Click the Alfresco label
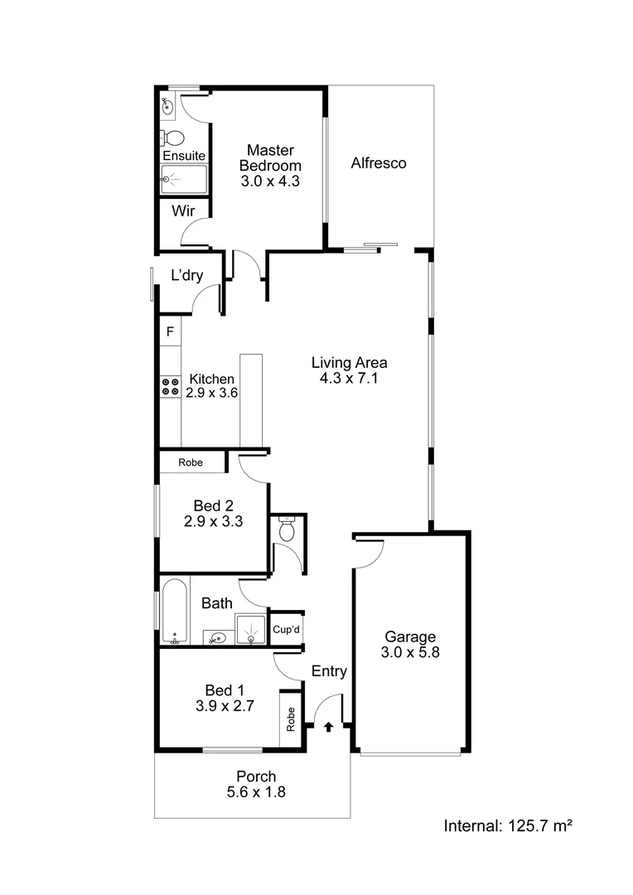coord(378,163)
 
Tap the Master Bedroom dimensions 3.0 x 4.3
coord(271,181)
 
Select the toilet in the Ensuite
coord(174,138)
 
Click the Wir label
coord(183,210)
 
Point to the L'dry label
coord(186,276)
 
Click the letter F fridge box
coord(170,332)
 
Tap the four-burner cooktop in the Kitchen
coord(171,385)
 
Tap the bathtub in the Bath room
coord(174,612)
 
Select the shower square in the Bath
coord(251,630)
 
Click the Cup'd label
coord(287,631)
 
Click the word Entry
coord(329,671)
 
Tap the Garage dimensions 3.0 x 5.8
coord(409,653)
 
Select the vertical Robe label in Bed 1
coord(291,718)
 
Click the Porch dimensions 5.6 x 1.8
coord(256,791)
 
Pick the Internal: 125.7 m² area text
coord(510,825)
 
